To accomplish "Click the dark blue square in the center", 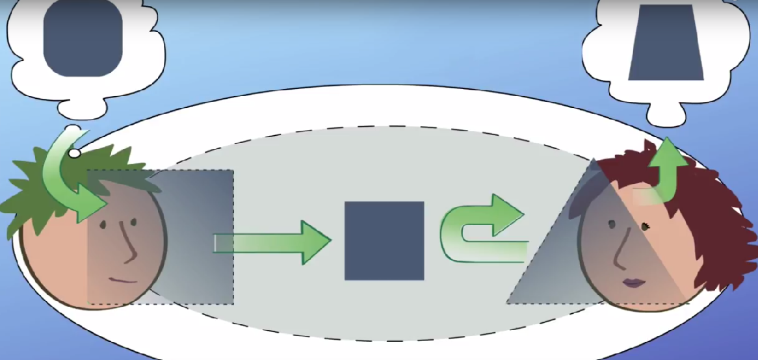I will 384,240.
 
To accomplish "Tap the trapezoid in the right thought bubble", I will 666,43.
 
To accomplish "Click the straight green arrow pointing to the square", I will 273,242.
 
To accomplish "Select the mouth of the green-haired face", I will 124,280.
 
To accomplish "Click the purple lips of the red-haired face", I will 632,283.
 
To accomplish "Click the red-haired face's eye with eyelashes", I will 646,226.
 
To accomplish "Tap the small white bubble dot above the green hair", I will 75,153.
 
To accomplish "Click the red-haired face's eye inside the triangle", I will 612,225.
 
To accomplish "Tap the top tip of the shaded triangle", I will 593,159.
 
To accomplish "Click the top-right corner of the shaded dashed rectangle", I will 232,171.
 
